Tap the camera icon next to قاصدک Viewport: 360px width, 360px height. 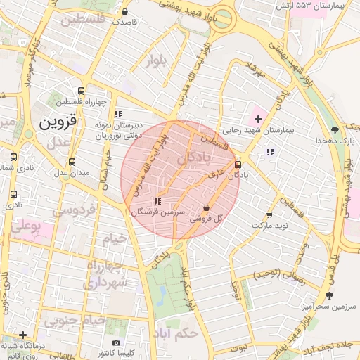(x=125, y=11)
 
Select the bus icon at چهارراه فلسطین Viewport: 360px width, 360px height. (x=82, y=91)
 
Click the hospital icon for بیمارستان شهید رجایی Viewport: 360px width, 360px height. (x=258, y=118)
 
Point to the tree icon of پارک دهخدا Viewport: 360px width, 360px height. (x=335, y=130)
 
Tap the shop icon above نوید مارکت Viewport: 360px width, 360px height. (x=269, y=214)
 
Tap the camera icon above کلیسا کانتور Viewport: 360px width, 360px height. (x=116, y=342)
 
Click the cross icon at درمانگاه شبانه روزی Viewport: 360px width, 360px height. (x=23, y=335)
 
